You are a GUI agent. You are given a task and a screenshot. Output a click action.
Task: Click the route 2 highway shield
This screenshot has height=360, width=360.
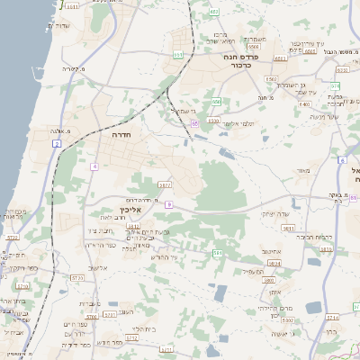56,143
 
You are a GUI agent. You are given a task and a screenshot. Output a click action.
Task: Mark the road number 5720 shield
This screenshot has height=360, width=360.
13,238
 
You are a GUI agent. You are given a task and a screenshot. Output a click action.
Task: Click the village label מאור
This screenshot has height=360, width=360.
301,170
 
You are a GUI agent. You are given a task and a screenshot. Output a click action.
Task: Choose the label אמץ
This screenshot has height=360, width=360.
274,292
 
